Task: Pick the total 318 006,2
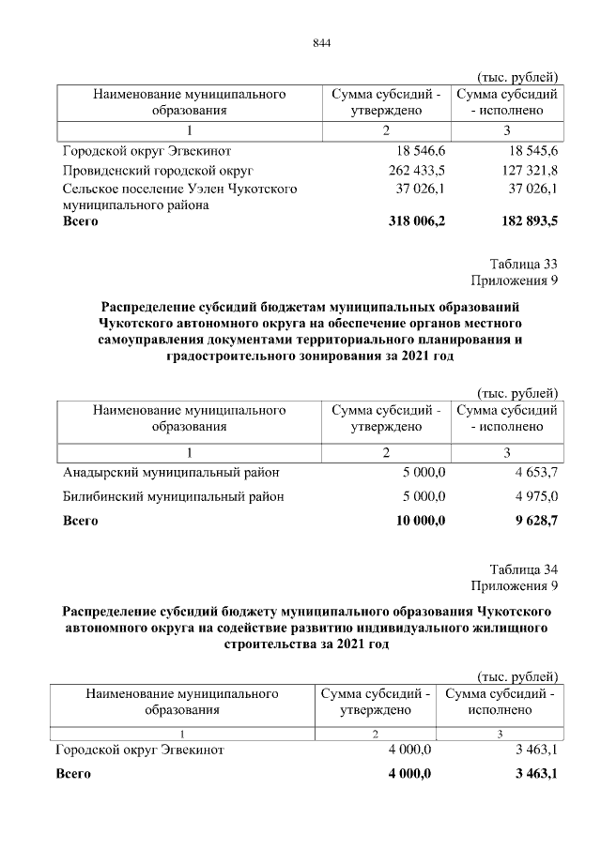click(416, 222)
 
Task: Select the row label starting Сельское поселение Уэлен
click(179, 189)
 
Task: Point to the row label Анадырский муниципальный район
click(171, 472)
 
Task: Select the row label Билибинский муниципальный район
click(173, 496)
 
